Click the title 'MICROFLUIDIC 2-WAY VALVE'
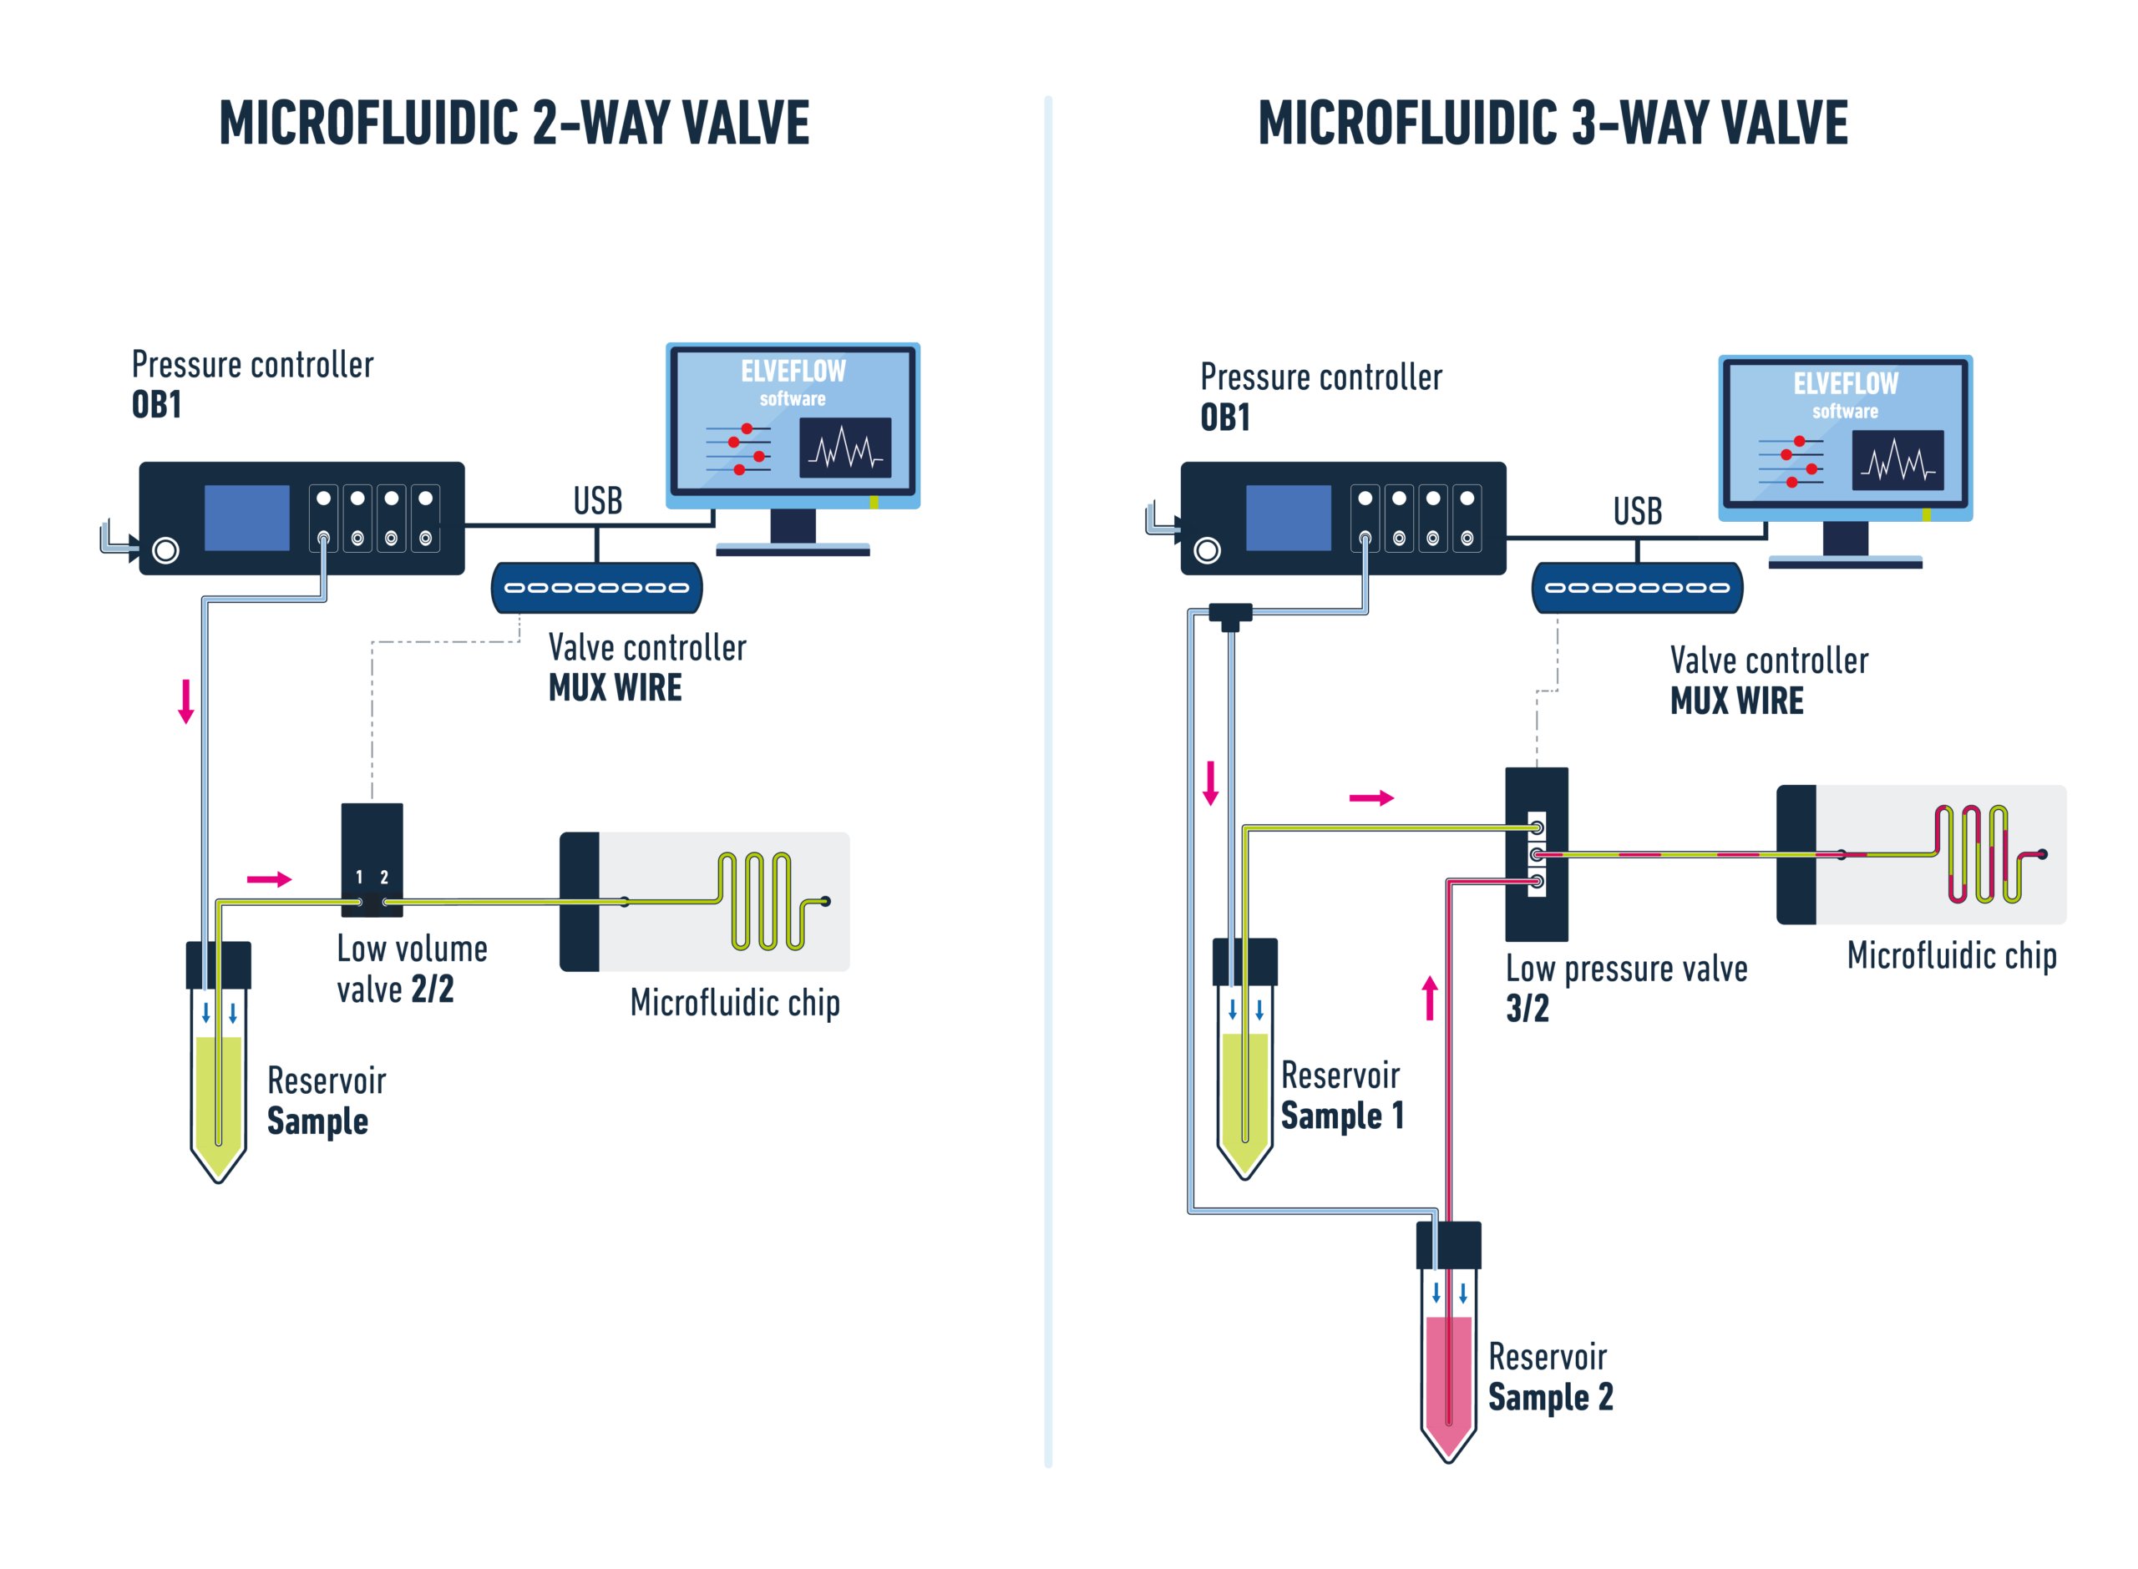513,124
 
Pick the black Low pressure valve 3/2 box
1536,912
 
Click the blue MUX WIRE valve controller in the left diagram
596,587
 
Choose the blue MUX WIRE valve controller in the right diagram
1637,587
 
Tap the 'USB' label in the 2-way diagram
597,500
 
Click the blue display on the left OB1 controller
247,518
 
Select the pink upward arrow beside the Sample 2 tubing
1430,998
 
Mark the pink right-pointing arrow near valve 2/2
269,878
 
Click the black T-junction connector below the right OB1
1230,615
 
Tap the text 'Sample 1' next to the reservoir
1341,1115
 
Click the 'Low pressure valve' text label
1625,968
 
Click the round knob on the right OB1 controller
1206,550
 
